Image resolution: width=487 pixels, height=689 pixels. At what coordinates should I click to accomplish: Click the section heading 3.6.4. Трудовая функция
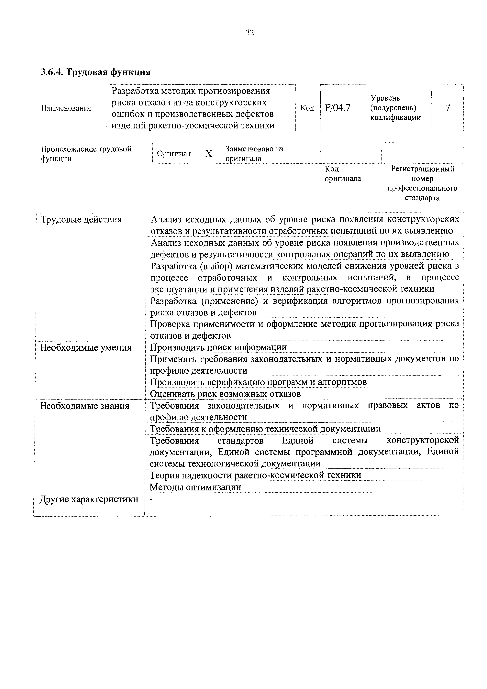point(96,72)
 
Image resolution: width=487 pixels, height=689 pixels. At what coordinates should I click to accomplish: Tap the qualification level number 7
point(447,108)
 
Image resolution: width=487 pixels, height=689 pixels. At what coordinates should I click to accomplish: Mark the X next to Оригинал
point(209,154)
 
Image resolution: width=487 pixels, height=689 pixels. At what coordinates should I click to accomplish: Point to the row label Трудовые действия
point(81,220)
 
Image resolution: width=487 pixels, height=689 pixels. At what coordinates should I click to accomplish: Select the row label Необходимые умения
point(86,347)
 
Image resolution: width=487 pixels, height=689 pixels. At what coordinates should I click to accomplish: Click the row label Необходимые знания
point(85,406)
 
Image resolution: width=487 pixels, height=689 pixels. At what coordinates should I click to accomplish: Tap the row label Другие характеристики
point(89,499)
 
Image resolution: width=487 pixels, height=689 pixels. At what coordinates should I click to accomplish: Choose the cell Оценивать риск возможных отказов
point(225,394)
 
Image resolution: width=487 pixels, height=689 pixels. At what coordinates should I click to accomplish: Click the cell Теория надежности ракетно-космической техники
point(255,475)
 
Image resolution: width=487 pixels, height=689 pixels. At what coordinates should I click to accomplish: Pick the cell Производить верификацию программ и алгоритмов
point(258,382)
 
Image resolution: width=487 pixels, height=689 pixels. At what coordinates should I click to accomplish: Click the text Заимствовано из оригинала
point(254,154)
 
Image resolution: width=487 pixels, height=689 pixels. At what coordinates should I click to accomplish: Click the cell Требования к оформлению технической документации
point(265,429)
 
